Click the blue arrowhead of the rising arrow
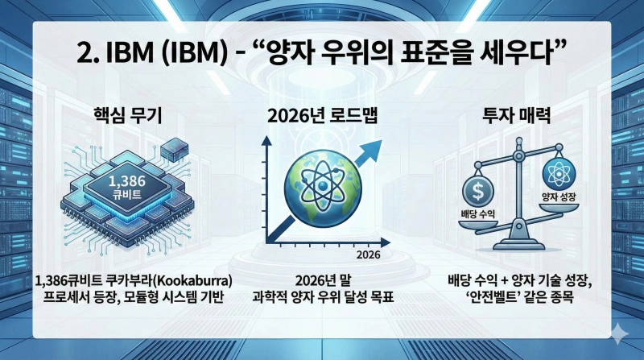[x=372, y=148]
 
